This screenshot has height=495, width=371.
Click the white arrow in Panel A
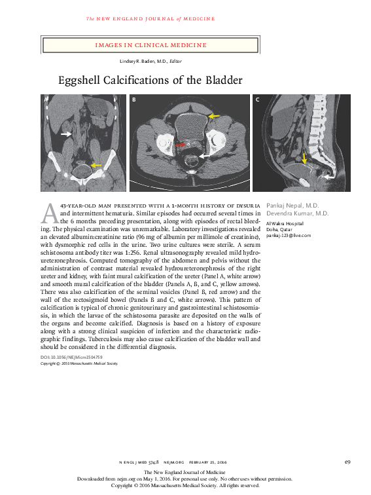pos(66,134)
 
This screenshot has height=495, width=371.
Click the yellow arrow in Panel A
pos(96,165)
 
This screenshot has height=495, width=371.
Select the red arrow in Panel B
pos(177,144)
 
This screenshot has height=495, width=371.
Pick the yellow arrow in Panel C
pos(304,158)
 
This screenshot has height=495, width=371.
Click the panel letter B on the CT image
pos(134,100)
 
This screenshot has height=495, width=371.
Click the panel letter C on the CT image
pos(257,100)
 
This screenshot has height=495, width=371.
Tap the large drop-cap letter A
pos(50,213)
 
